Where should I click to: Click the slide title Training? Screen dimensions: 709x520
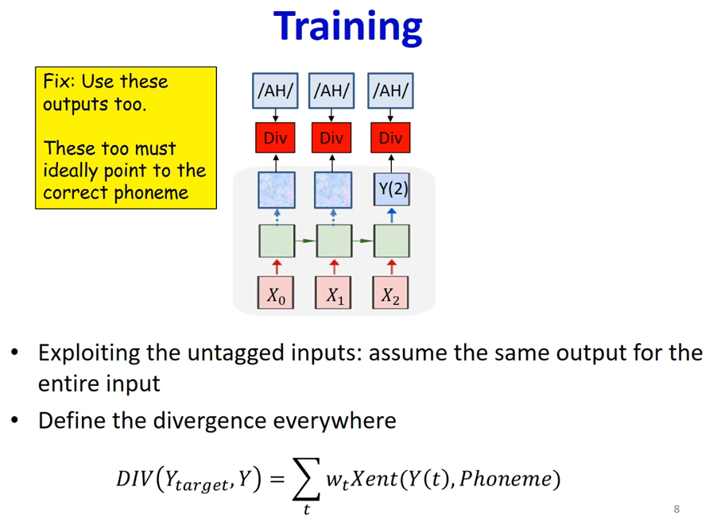[347, 28]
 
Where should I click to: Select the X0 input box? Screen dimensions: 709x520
[276, 293]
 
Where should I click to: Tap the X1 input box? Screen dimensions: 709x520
[333, 293]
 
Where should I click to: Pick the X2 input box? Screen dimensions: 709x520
[391, 293]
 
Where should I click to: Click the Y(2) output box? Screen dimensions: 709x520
[392, 189]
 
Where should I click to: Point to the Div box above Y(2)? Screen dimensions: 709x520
[391, 137]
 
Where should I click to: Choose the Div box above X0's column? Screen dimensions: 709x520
[275, 137]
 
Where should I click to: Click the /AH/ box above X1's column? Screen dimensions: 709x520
[331, 91]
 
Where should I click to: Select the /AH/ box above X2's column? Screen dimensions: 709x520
[391, 91]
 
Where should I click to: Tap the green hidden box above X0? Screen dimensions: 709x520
[277, 241]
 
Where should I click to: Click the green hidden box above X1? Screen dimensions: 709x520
[334, 241]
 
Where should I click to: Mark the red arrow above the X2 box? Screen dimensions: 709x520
[392, 267]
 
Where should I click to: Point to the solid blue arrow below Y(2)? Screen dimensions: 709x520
[392, 215]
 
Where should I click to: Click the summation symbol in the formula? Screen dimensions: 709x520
[307, 479]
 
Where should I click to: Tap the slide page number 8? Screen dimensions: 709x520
[676, 509]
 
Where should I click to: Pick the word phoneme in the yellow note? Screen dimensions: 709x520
[151, 194]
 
